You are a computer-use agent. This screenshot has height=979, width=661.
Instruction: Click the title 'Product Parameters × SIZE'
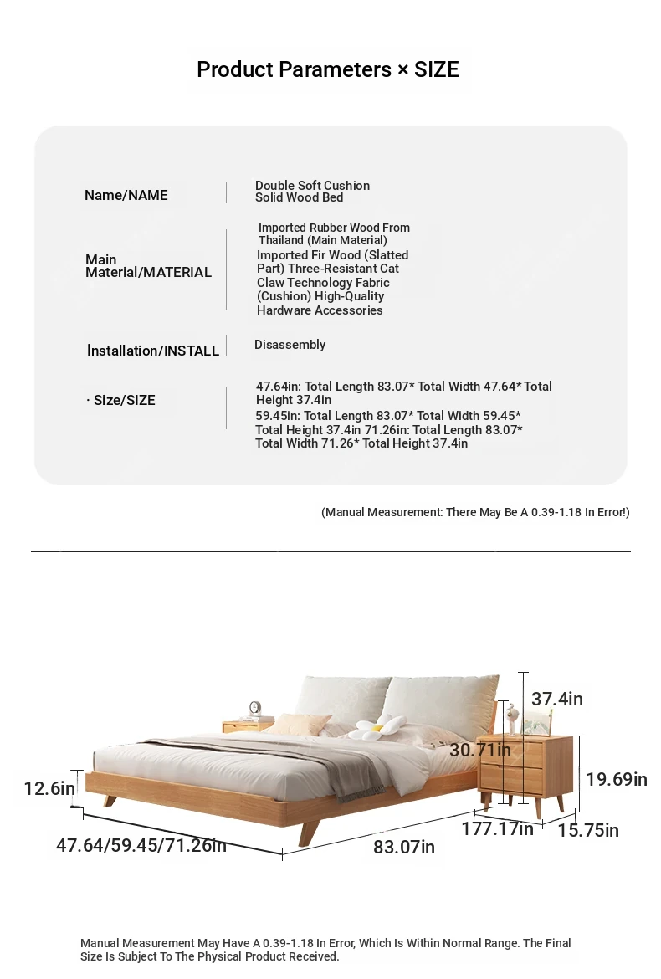328,69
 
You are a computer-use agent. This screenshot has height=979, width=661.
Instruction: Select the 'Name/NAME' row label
126,195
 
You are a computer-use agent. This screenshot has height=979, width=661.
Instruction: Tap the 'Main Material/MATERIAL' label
148,266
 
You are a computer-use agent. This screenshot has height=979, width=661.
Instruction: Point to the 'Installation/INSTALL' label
153,351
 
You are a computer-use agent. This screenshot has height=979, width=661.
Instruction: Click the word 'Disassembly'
290,345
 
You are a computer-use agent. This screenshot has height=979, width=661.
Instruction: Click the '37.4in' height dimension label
556,699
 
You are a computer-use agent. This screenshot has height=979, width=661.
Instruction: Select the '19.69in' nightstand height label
616,779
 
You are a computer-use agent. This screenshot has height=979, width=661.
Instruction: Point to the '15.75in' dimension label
588,830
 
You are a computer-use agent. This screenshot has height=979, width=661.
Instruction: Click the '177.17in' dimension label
497,829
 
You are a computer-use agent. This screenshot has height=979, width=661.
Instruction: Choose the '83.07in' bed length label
404,847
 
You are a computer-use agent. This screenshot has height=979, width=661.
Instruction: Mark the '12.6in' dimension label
49,788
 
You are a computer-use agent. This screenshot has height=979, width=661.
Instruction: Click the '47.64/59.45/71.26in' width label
141,845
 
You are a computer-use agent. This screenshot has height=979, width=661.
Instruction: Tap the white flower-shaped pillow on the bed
377,728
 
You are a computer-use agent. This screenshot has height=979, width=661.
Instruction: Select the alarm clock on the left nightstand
255,710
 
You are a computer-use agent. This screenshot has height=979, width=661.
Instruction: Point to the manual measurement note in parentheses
475,512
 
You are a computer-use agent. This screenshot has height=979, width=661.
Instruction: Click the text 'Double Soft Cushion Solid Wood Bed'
312,192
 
